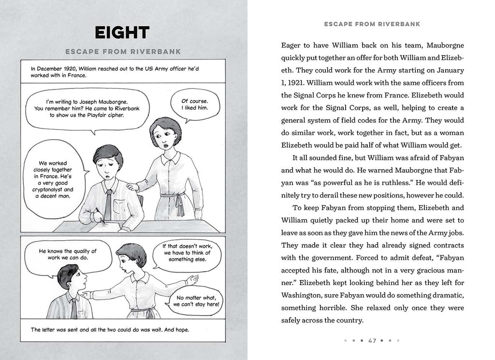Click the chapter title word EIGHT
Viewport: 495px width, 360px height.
click(x=122, y=33)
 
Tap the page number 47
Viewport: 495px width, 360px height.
click(x=372, y=340)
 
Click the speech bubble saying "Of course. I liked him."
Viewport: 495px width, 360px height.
click(x=195, y=105)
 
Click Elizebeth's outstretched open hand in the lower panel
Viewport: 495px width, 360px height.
click(x=192, y=280)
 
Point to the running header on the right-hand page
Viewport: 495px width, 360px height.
click(x=372, y=24)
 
